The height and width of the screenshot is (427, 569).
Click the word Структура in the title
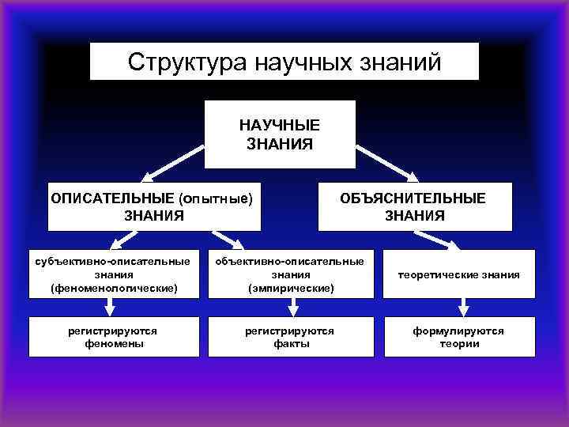point(187,62)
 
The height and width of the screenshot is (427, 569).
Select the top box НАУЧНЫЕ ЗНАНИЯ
point(280,134)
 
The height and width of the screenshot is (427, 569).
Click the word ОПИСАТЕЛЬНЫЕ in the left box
point(112,198)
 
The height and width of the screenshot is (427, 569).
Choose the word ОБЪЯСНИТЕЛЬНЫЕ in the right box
point(415,198)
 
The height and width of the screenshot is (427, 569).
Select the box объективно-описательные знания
point(290,274)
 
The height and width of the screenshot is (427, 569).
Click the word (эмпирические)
point(290,288)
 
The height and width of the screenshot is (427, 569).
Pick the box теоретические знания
point(459,274)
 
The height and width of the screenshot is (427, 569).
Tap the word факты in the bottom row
point(290,343)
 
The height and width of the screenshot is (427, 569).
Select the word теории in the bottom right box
point(459,343)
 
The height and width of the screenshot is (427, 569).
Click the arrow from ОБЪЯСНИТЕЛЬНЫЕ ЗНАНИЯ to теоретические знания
point(442,240)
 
